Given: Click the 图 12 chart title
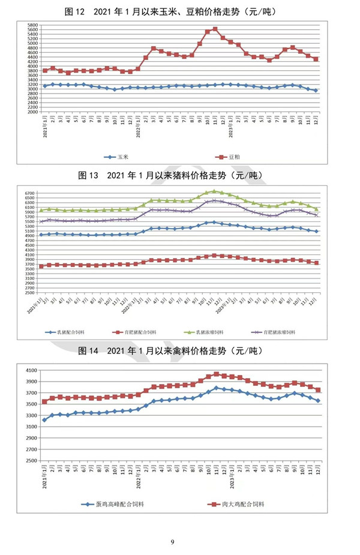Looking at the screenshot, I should [179, 11].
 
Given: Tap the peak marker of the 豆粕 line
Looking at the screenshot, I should [215, 29].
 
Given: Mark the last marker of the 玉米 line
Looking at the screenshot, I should [316, 90].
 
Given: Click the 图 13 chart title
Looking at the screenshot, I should [179, 176].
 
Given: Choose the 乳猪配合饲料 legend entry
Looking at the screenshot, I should [71, 331].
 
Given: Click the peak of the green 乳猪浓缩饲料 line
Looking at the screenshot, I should [215, 191].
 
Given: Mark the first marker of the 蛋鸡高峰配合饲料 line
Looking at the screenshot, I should [44, 420].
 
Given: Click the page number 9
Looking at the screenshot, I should [172, 542].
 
